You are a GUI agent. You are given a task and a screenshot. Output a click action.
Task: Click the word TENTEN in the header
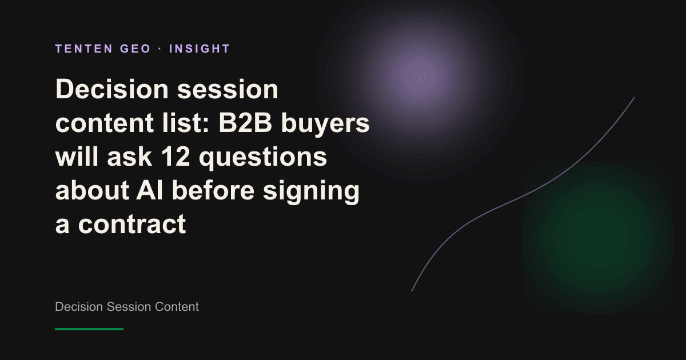[x=84, y=49]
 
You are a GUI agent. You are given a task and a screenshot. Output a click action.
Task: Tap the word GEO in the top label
[x=135, y=49]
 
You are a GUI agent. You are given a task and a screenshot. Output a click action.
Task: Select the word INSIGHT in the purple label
[x=200, y=49]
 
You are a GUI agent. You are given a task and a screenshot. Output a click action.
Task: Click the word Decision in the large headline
[x=112, y=89]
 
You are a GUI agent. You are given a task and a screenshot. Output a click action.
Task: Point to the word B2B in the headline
[x=245, y=123]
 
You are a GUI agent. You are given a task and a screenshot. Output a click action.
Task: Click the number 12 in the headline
[x=176, y=157]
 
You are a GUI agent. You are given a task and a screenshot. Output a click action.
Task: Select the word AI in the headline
[x=149, y=190]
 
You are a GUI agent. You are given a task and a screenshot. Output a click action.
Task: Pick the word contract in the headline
[x=132, y=224]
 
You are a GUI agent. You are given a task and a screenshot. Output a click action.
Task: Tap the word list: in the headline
[x=186, y=122]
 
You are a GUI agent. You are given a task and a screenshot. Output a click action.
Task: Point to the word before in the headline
[x=213, y=190]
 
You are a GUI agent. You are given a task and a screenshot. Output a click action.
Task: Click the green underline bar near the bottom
[x=89, y=329]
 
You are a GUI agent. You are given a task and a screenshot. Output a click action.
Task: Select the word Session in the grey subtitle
[x=129, y=307]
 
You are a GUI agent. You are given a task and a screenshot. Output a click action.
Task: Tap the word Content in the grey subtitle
[x=177, y=307]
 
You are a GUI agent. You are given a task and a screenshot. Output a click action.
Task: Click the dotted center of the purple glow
[x=420, y=77]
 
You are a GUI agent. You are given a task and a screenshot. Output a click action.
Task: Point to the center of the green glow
[x=598, y=237]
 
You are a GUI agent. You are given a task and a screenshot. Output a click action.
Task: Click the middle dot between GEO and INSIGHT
[x=160, y=49]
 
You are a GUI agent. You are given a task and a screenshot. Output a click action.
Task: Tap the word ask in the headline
[x=130, y=157]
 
